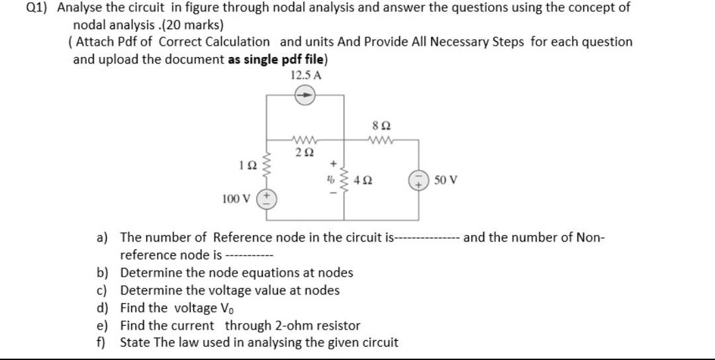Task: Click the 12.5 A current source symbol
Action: click(x=305, y=95)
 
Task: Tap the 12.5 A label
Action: click(x=306, y=75)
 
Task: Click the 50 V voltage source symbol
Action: click(x=418, y=179)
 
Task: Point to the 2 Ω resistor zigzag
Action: click(x=305, y=140)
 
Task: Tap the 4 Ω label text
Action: click(x=361, y=179)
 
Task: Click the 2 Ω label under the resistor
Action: click(x=305, y=152)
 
